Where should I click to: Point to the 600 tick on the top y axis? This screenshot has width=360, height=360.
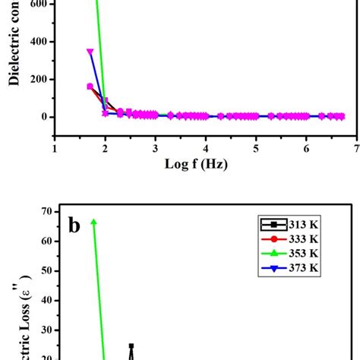point(37,4)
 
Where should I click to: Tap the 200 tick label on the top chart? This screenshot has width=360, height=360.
point(37,79)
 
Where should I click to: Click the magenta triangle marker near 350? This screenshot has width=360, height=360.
point(90,52)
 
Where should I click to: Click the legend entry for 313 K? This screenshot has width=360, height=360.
point(292,224)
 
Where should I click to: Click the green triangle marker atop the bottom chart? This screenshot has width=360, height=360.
point(93,222)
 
